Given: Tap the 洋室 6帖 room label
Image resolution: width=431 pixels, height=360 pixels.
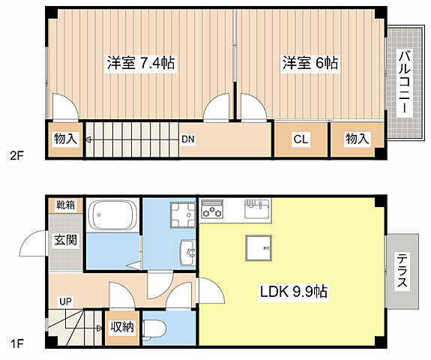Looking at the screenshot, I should pyautogui.click(x=310, y=63).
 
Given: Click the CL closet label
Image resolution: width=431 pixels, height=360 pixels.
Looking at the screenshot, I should pyautogui.click(x=301, y=139).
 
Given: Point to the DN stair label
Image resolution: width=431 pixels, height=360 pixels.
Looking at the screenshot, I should pyautogui.click(x=188, y=139).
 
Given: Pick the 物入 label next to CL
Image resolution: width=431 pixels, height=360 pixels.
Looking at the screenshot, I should pyautogui.click(x=357, y=139).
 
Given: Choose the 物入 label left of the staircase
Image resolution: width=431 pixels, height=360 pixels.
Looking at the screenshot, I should pyautogui.click(x=65, y=139).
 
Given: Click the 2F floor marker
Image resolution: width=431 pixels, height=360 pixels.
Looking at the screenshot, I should pyautogui.click(x=16, y=157).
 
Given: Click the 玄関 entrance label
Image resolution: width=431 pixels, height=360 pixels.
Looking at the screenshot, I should pyautogui.click(x=65, y=240).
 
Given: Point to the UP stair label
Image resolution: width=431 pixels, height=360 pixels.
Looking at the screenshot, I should pyautogui.click(x=66, y=301).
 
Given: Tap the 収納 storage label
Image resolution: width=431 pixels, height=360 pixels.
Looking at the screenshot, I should pyautogui.click(x=123, y=327).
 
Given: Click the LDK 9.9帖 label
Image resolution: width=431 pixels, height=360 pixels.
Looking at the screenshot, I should pyautogui.click(x=293, y=290).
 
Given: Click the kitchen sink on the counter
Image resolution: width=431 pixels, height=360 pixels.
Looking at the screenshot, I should pyautogui.click(x=256, y=208).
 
